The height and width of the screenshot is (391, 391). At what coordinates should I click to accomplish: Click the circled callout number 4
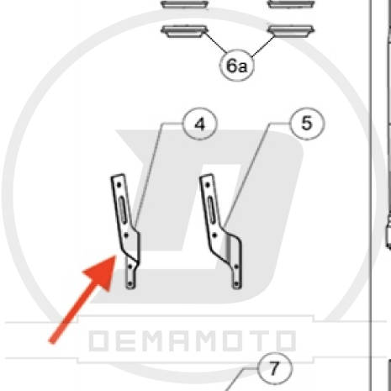pos(199,124)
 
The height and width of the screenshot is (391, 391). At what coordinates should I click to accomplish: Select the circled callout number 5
pos(307,123)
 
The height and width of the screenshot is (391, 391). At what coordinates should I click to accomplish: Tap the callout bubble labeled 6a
pos(237,66)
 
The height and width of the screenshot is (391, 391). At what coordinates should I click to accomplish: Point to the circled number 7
pos(275,368)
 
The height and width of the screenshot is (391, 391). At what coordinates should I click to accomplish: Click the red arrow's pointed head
pos(115,256)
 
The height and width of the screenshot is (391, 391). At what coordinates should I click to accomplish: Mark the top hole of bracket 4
pos(119,185)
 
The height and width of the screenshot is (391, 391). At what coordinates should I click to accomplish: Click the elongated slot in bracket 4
pos(123,209)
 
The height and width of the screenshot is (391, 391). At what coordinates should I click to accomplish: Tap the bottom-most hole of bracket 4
pos(129,284)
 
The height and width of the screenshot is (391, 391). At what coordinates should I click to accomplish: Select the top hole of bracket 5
pos(208,185)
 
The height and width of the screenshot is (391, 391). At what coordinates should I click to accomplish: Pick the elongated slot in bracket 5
pos(212,209)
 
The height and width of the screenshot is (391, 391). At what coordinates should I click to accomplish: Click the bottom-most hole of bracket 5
pos(236,284)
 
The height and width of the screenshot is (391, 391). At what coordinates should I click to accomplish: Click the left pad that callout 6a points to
pos(184,31)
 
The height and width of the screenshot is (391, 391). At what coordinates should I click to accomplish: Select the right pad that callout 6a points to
pos(291,31)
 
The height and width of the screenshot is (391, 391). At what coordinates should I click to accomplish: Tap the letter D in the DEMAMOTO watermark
pos(98,341)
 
